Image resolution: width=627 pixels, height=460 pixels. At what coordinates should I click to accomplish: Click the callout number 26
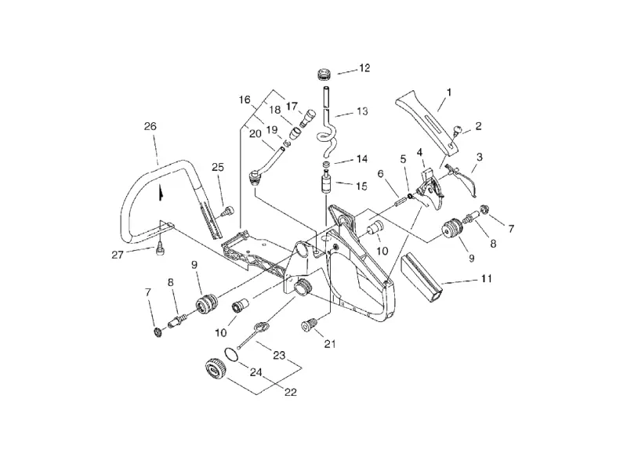(150, 126)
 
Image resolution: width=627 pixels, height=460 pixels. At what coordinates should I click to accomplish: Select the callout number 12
(364, 68)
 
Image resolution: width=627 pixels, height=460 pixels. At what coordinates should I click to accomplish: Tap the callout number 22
(291, 392)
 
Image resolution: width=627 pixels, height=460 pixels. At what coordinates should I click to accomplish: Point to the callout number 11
(486, 278)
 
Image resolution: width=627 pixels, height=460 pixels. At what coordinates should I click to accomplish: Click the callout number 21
(330, 344)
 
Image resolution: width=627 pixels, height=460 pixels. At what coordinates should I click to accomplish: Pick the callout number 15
(361, 187)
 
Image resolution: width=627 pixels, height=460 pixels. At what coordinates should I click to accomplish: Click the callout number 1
(449, 92)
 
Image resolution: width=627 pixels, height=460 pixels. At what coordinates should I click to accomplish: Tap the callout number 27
(118, 255)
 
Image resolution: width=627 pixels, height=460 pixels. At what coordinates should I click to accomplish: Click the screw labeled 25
(228, 211)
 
